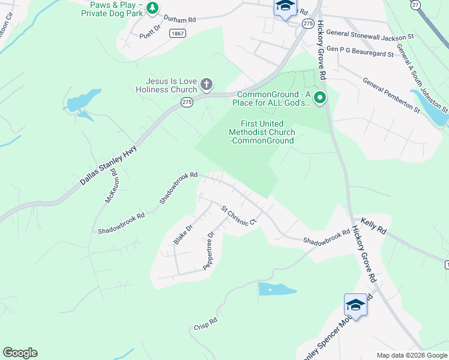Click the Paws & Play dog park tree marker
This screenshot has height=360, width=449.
153,8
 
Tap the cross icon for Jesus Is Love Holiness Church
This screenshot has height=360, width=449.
206,85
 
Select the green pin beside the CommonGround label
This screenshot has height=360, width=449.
320,98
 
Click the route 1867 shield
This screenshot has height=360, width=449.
177,34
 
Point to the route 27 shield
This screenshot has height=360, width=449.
415,5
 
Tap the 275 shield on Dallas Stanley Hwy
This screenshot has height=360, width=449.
187,103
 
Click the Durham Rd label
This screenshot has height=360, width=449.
179,20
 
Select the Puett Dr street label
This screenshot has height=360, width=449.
151,31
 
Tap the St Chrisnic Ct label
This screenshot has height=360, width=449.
239,216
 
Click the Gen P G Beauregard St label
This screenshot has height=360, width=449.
360,53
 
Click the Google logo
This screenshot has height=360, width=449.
20,353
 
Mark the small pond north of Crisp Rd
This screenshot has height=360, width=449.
276,289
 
